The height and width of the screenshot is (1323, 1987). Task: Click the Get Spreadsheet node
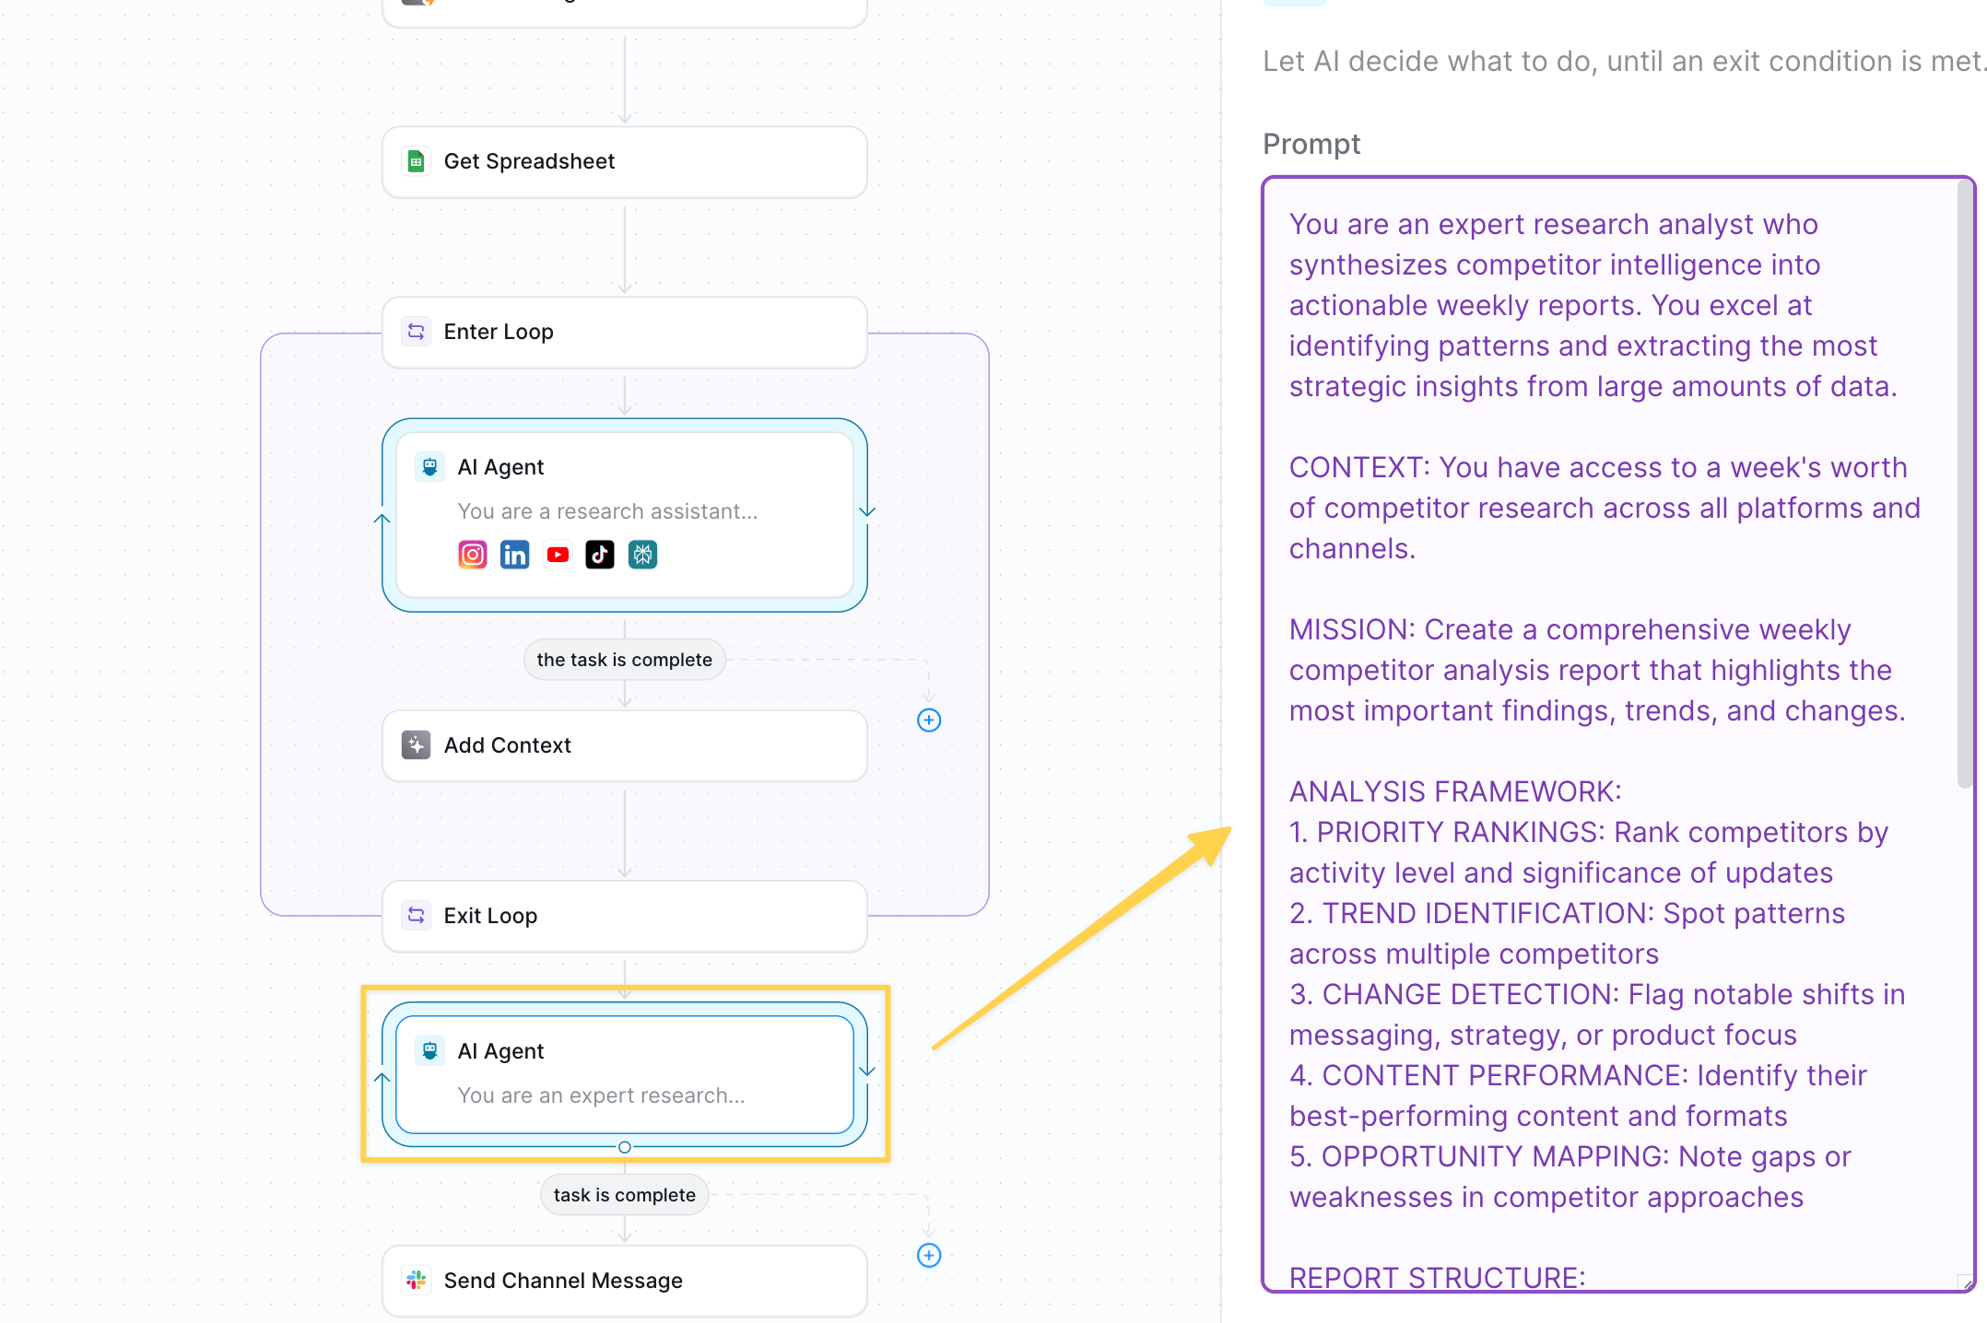pyautogui.click(x=624, y=162)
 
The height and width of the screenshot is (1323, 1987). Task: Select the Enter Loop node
pyautogui.click(x=624, y=332)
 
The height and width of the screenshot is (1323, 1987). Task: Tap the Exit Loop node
pyautogui.click(x=624, y=916)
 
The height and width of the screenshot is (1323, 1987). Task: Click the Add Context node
pyautogui.click(x=624, y=745)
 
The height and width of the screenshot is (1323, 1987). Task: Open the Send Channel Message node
pyautogui.click(x=624, y=1281)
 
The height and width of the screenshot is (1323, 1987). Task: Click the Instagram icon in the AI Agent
pyautogui.click(x=473, y=555)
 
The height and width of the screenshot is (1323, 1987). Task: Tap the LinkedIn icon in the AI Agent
pyautogui.click(x=515, y=555)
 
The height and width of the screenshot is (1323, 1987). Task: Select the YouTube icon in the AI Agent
pyautogui.click(x=558, y=555)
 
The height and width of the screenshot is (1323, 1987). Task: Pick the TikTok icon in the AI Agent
pyautogui.click(x=600, y=555)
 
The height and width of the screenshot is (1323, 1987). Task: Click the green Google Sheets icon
pyautogui.click(x=417, y=161)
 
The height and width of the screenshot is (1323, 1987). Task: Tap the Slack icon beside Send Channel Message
pyautogui.click(x=417, y=1280)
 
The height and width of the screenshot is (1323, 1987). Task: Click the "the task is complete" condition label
pyautogui.click(x=625, y=660)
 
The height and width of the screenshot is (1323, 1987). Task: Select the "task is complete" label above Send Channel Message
pyautogui.click(x=625, y=1195)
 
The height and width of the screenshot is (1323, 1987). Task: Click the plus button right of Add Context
pyautogui.click(x=929, y=720)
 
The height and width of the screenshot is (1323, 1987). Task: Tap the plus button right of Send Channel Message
pyautogui.click(x=929, y=1256)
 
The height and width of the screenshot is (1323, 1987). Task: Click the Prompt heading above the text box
pyautogui.click(x=1311, y=145)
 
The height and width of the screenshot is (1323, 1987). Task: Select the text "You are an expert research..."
pyautogui.click(x=602, y=1095)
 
